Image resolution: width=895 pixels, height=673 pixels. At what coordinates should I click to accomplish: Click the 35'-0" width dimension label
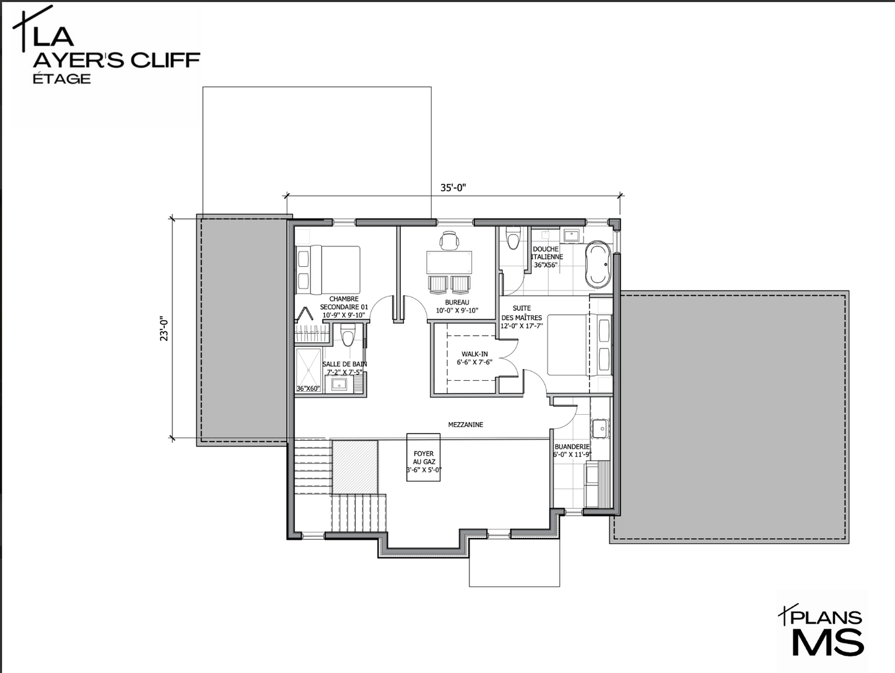pos(453,188)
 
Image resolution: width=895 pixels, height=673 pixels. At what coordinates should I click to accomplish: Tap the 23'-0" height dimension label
pos(164,328)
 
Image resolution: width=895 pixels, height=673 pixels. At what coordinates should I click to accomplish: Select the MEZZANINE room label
pos(466,425)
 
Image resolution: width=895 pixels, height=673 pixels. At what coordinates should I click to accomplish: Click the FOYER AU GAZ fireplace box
pos(423,458)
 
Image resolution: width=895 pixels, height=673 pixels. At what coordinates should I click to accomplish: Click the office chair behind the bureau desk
pos(449,240)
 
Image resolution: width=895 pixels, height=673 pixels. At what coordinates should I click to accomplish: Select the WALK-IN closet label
pos(474,354)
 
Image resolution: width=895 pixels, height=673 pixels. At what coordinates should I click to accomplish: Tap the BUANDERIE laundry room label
pos(572,446)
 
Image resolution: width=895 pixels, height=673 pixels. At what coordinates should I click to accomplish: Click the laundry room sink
pos(600,428)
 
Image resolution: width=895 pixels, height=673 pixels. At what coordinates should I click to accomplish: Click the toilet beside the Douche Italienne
pos(513,238)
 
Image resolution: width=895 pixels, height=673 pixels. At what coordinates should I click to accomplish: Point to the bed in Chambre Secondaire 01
pos(328,270)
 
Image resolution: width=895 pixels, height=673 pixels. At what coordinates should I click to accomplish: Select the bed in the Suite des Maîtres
pos(579,345)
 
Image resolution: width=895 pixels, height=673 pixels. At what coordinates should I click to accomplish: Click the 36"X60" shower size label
pos(308,388)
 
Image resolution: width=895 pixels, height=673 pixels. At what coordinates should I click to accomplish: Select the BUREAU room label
pos(456,302)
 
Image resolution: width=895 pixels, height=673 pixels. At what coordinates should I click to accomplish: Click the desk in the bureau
pos(449,263)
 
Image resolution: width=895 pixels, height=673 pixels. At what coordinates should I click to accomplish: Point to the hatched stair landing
pos(355,466)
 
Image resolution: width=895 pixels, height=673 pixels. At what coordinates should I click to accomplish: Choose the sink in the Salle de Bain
pos(339,384)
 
